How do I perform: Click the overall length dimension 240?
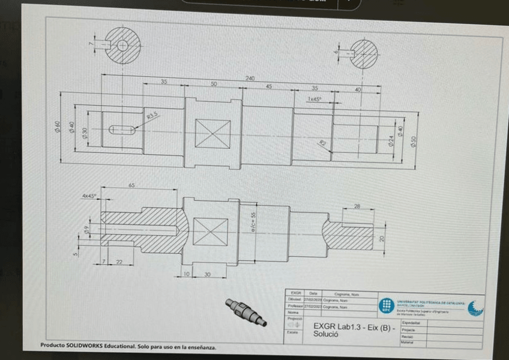[250, 79]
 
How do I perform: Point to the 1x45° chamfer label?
[315, 99]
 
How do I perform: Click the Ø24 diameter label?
[391, 141]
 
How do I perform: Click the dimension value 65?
[131, 186]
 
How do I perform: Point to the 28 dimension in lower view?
[358, 206]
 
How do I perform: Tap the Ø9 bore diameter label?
[88, 229]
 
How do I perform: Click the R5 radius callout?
[322, 142]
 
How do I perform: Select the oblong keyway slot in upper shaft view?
[122, 128]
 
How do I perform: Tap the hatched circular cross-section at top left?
[122, 45]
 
